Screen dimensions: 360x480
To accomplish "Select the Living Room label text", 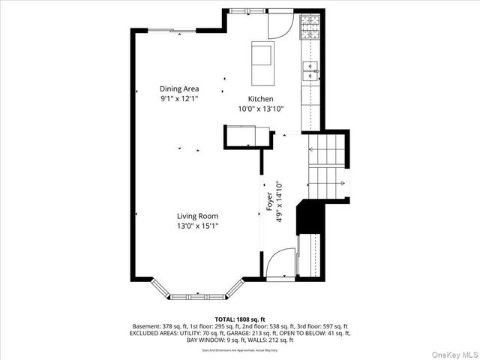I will (x=198, y=216).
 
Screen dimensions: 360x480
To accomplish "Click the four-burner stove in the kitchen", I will (x=310, y=28).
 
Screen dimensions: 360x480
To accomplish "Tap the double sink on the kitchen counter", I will (x=310, y=71).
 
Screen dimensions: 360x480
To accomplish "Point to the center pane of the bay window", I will (x=198, y=293).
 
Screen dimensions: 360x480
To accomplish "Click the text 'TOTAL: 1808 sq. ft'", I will (x=240, y=319).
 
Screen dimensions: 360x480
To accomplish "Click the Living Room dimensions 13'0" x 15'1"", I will (x=198, y=226).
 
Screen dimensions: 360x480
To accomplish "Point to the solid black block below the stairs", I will (x=308, y=217).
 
